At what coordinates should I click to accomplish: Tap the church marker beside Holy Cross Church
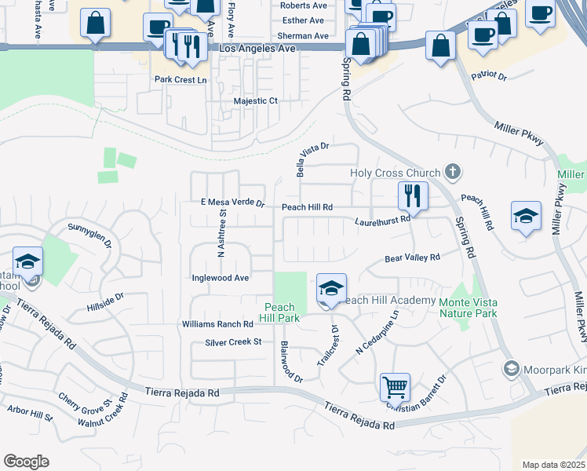451,171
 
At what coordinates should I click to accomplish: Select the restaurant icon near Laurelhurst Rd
413,195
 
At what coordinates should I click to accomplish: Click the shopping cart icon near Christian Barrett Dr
395,386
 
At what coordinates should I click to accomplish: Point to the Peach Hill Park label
279,312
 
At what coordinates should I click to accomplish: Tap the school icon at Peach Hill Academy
331,289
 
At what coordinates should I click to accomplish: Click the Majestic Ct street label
256,101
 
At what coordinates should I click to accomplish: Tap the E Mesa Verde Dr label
232,203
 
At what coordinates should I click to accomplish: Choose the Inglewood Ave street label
221,278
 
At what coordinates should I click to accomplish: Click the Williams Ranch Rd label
217,323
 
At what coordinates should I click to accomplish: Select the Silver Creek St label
233,342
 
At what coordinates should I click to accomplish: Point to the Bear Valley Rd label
412,257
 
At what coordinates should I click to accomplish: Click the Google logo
26,461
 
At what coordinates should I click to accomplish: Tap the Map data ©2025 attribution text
553,465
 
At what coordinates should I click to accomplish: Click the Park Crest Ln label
180,79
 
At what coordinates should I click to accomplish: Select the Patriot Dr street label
489,76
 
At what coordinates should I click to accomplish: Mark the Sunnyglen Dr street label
91,232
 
